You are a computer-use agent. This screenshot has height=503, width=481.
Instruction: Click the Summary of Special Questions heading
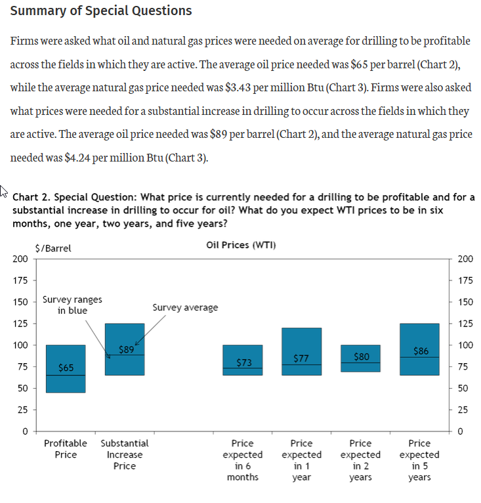(x=102, y=11)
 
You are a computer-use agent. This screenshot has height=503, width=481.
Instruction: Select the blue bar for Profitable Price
(x=66, y=381)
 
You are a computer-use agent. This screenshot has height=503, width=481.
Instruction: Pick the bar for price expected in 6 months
(x=243, y=351)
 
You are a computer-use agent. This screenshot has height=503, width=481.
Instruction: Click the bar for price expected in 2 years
(x=361, y=368)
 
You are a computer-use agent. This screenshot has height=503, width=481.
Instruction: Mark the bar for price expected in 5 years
(x=419, y=335)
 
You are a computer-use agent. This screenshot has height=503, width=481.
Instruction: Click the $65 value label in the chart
(x=66, y=368)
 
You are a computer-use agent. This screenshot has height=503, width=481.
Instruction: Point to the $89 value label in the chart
(x=127, y=349)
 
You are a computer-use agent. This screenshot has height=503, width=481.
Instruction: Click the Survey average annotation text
(x=185, y=307)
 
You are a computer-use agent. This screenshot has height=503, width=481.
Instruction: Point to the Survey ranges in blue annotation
(x=72, y=305)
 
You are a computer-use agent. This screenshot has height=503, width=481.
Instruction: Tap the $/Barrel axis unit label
(x=53, y=248)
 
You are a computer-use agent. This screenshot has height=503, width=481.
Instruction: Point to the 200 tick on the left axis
(x=20, y=259)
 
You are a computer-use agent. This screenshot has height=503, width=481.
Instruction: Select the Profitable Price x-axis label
(x=66, y=449)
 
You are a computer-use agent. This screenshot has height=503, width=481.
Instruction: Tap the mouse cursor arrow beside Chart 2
(x=5, y=190)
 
